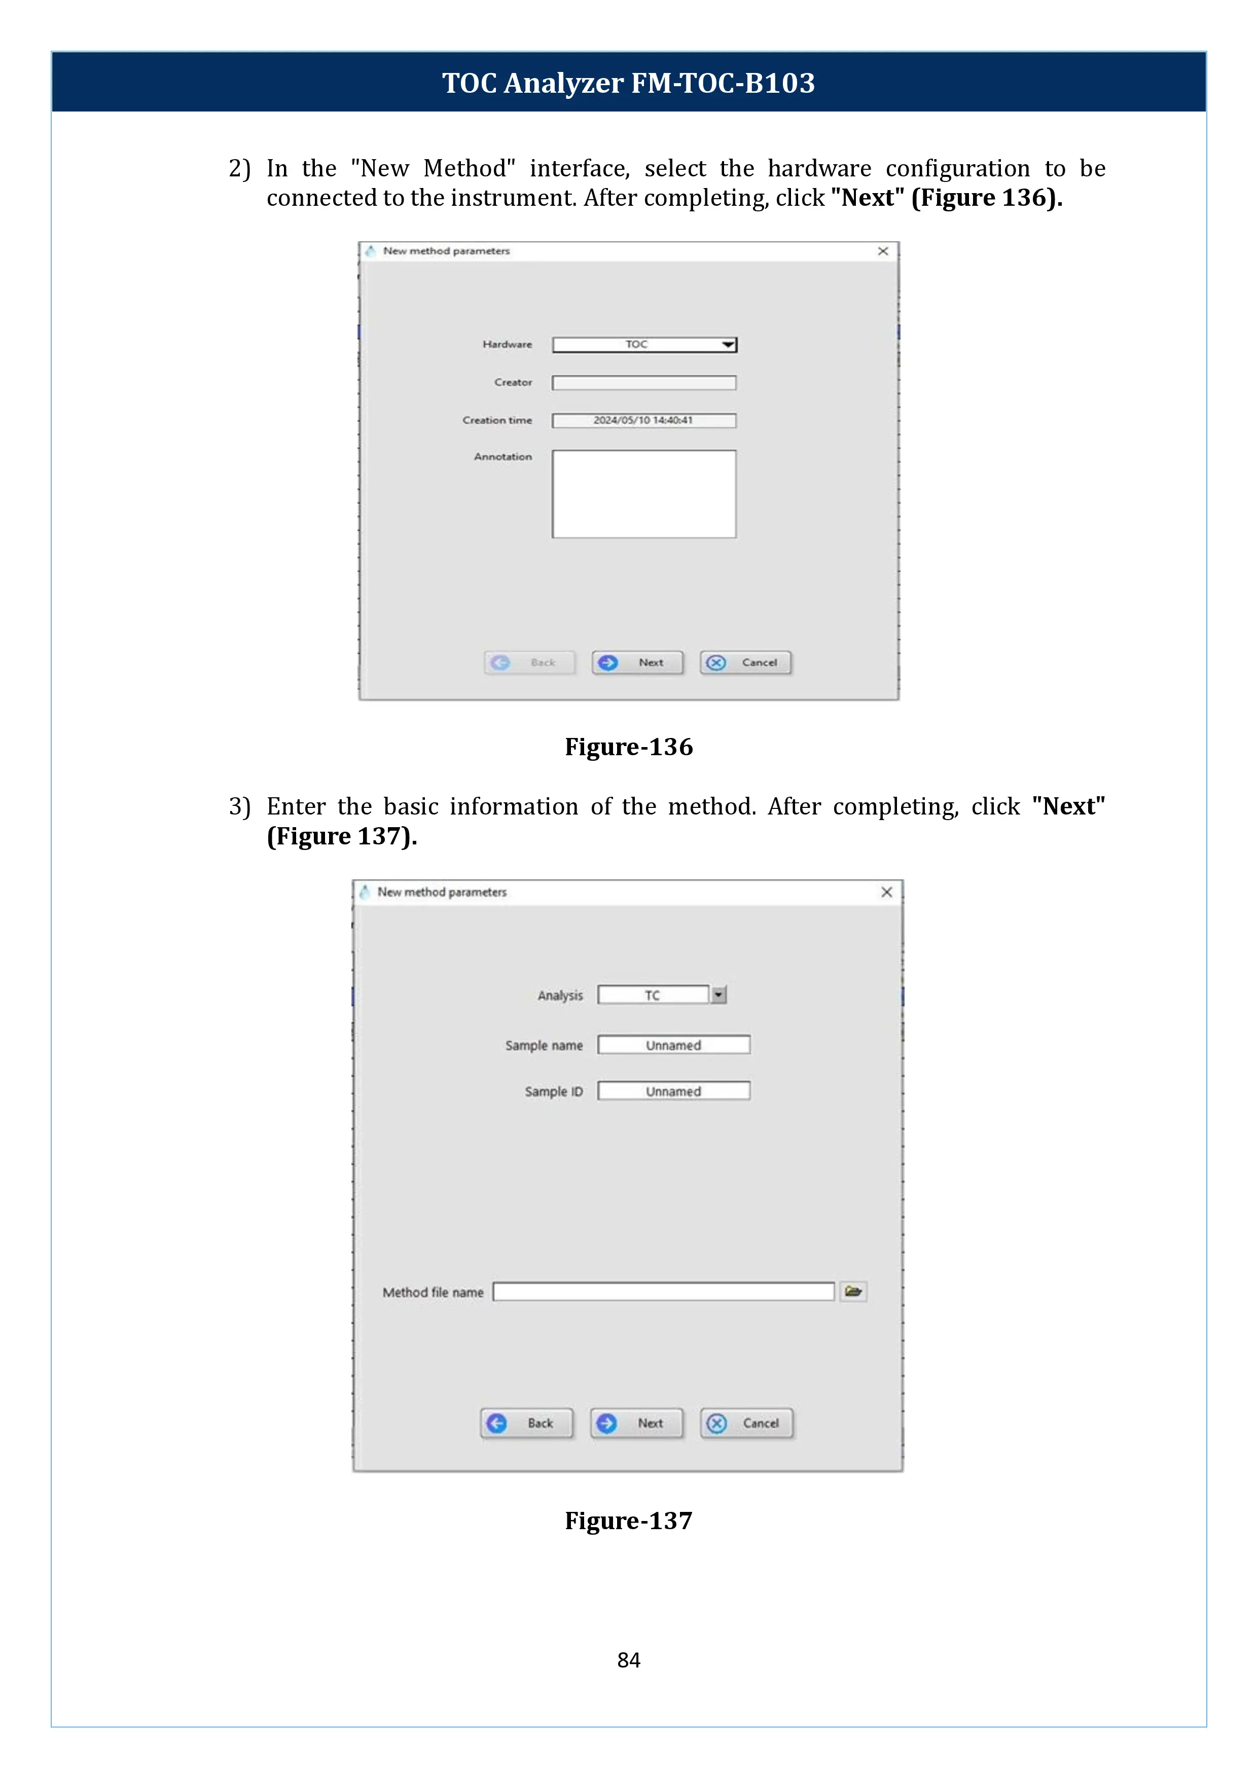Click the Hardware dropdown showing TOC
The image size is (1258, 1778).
coord(644,345)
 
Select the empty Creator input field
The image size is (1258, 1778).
coord(644,383)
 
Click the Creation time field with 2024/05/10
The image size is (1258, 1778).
coord(644,421)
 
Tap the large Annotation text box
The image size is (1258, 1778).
coord(644,494)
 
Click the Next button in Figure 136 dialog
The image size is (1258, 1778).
coord(637,663)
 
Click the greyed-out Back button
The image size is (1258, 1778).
coord(530,663)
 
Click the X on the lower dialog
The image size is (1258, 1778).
coord(887,892)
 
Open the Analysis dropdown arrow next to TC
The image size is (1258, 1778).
coord(719,995)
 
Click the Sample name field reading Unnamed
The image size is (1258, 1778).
coord(673,1046)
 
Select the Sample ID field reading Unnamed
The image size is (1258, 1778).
coord(673,1091)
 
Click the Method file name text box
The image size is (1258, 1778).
coord(663,1291)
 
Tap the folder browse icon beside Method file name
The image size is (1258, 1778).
coord(854,1291)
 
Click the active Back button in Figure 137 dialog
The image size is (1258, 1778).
coord(527,1423)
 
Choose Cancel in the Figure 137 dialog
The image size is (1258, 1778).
coord(747,1423)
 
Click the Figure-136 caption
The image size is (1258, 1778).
coord(628,747)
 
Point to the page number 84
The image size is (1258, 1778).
coord(628,1660)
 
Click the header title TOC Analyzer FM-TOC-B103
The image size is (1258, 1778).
coord(628,83)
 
